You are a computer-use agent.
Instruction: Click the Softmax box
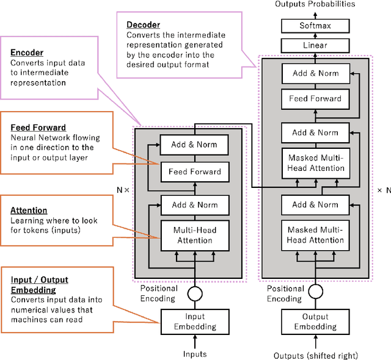315,26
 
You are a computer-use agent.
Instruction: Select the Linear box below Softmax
315,45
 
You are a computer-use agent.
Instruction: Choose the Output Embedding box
315,321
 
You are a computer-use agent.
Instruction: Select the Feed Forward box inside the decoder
315,98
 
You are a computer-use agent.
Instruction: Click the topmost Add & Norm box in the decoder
315,74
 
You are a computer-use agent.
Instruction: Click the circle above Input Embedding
194,293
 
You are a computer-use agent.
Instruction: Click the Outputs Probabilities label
315,5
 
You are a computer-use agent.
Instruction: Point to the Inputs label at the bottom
195,354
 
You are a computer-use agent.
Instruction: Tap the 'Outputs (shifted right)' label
315,355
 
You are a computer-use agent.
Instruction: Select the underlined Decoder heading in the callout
143,25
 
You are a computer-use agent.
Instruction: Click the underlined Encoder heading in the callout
23,52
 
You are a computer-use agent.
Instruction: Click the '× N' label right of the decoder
383,190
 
